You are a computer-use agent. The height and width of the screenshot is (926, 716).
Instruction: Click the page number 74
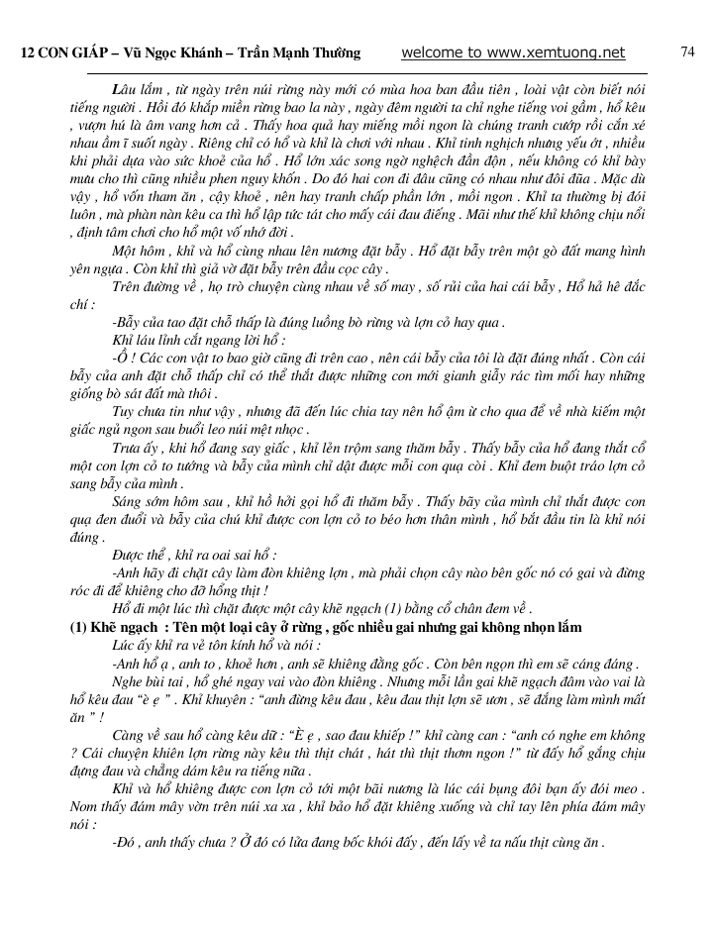click(687, 51)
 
